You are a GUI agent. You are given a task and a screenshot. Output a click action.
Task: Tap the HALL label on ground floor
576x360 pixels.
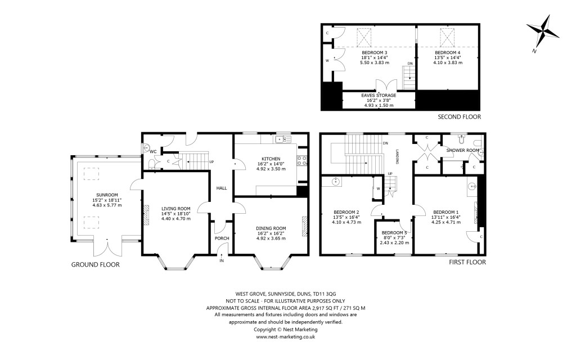[220, 188]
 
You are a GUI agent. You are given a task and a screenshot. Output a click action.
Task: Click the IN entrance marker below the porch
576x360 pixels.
[221, 260]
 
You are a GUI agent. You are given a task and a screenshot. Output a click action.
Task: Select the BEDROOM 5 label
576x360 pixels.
[394, 232]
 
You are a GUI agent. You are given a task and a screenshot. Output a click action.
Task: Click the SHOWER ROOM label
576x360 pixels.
[462, 150]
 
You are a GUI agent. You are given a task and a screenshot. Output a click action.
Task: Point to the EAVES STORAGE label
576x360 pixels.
[378, 96]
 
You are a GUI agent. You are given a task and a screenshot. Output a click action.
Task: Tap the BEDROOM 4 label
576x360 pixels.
[447, 52]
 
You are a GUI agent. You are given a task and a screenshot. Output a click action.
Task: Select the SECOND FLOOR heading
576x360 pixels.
[460, 117]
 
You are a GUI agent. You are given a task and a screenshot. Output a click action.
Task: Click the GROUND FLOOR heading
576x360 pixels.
[95, 264]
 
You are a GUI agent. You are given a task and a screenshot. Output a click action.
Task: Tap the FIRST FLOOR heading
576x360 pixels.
[466, 262]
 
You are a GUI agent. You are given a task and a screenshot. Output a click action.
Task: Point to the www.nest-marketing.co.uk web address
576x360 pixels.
[285, 336]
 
